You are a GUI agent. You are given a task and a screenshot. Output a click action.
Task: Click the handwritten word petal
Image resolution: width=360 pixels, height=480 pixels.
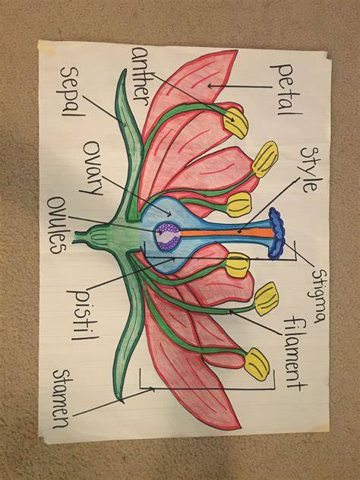point(286,89)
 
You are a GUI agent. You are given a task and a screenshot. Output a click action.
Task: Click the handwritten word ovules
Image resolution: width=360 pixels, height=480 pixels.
point(58,225)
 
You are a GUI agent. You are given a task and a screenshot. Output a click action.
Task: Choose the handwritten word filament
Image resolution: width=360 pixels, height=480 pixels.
point(295,352)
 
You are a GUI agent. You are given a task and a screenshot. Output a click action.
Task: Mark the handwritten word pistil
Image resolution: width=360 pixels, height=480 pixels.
point(84,314)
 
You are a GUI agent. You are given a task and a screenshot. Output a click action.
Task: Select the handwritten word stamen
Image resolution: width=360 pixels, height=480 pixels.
point(62,399)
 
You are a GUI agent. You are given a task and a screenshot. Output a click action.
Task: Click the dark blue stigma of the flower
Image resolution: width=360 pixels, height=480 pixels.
point(276,233)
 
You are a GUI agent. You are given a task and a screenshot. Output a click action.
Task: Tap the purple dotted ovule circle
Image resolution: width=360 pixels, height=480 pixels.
point(167,236)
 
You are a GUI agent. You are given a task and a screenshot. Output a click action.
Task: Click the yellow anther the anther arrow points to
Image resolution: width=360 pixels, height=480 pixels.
point(235,123)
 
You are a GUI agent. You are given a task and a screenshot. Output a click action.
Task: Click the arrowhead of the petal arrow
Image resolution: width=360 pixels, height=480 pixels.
point(210,87)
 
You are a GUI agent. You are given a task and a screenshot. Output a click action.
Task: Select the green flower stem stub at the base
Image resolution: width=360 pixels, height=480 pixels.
point(80,238)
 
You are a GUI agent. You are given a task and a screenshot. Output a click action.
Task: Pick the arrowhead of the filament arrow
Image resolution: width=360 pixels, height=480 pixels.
point(232,311)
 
